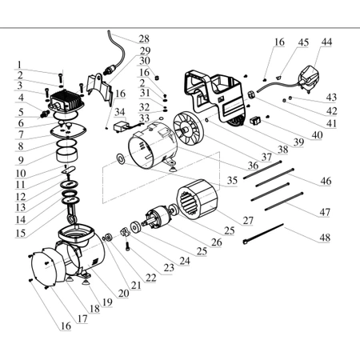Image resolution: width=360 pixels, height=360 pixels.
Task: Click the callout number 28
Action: coord(144,39)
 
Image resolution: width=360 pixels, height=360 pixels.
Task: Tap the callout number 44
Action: coord(326,42)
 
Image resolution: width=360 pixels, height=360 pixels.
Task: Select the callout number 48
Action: coord(325,238)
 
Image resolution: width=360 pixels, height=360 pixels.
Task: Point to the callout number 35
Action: coord(232,181)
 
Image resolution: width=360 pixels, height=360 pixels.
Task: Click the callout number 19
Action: coord(107,302)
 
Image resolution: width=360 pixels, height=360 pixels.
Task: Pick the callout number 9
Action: coord(21,160)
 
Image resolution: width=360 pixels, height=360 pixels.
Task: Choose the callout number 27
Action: coord(248,220)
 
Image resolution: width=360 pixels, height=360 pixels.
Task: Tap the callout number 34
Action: coord(119,112)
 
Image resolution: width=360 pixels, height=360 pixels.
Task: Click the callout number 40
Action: coord(317,135)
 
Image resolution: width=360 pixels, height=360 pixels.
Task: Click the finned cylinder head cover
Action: coord(66,101)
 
